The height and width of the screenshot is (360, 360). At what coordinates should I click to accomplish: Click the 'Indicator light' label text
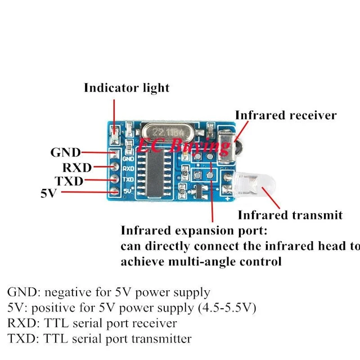click(127, 88)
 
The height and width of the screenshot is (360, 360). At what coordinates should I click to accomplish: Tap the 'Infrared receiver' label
click(286, 115)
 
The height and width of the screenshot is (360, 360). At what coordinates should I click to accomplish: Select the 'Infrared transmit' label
click(290, 215)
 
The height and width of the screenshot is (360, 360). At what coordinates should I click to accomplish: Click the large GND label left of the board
click(66, 152)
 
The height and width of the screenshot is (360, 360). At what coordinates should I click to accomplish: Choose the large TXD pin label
click(69, 181)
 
